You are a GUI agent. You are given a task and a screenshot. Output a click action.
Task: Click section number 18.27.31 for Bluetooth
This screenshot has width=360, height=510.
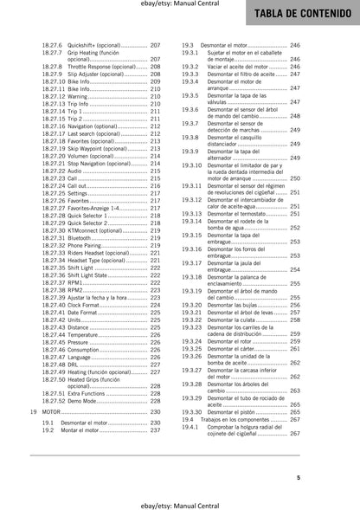point(55,238)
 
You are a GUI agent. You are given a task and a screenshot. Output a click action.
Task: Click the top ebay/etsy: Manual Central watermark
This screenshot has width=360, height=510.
point(179,8)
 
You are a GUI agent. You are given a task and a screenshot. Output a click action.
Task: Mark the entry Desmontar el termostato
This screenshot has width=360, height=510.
point(240,212)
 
